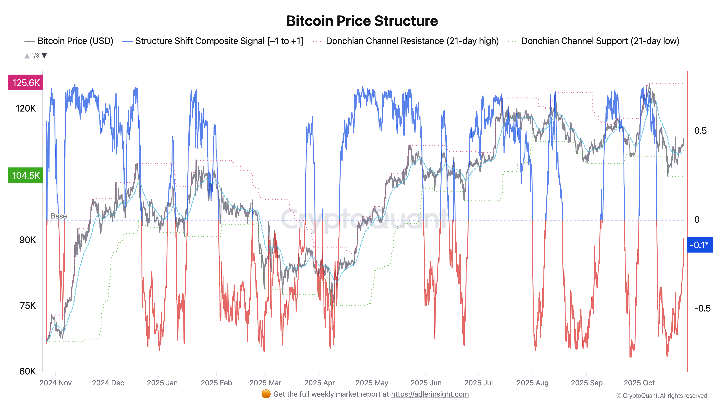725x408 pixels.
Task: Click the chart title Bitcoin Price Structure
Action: (362, 21)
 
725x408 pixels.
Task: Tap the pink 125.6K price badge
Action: (26, 83)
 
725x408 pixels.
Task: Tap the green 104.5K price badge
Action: (26, 175)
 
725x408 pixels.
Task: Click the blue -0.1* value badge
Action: (699, 245)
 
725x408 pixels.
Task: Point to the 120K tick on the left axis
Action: (26, 108)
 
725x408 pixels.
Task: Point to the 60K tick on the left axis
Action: (27, 371)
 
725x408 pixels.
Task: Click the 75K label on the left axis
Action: (28, 306)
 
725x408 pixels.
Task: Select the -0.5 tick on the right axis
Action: (702, 308)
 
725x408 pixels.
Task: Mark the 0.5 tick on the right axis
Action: (700, 131)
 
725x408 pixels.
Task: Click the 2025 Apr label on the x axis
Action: (319, 383)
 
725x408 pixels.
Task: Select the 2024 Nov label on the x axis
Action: (55, 383)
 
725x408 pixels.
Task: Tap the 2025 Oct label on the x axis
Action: (639, 383)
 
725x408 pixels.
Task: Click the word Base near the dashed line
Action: (59, 216)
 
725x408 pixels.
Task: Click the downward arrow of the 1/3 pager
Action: (44, 55)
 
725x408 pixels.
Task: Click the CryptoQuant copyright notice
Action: (661, 396)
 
